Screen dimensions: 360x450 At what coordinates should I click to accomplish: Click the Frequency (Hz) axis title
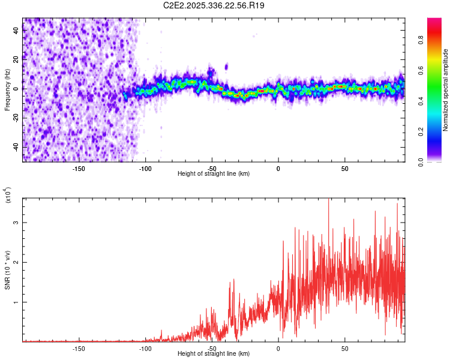pos(7,90)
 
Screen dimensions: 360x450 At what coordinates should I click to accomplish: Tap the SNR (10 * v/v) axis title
pos(7,270)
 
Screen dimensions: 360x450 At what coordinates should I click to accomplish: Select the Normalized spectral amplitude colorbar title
pos(446,90)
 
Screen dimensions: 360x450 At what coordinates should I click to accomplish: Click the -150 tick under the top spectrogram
pos(79,167)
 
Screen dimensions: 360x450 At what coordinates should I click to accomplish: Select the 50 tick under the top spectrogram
pos(345,167)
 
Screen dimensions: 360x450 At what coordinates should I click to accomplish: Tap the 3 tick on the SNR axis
pos(17,223)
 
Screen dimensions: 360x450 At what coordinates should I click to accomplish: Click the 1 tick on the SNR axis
pos(17,302)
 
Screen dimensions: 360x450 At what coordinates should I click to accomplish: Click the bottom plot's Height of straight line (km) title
pos(214,354)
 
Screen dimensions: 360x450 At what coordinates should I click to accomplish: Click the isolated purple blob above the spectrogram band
pos(226,67)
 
